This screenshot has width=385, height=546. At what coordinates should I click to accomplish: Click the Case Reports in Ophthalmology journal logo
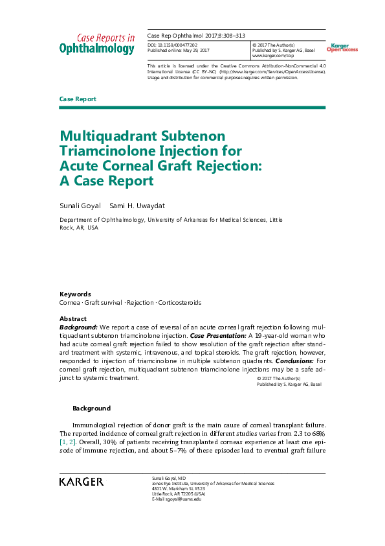[97, 43]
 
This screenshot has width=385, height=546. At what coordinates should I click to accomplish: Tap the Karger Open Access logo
[340, 47]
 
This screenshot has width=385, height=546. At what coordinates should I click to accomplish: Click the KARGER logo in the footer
[81, 482]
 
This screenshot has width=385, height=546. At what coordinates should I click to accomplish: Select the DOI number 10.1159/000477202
[183, 43]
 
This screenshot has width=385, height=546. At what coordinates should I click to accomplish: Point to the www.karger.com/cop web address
[269, 56]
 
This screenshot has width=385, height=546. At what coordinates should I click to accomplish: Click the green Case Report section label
[78, 99]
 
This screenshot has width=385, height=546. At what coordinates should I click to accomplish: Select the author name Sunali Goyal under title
[79, 206]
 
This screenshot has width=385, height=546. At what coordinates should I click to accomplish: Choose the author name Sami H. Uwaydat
[137, 206]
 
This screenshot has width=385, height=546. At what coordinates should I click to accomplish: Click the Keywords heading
[75, 294]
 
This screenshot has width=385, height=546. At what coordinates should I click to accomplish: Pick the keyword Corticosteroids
[180, 303]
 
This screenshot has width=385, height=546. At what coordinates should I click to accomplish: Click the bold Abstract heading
[73, 319]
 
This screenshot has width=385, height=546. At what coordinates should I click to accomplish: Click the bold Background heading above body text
[91, 408]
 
